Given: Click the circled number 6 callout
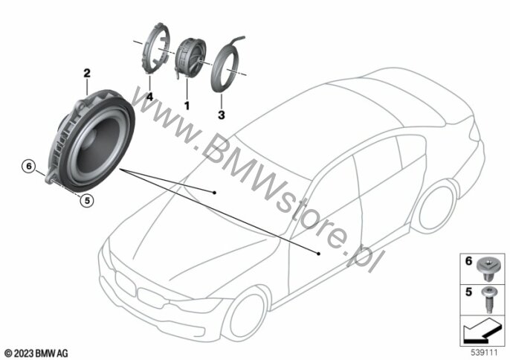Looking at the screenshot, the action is pos(29,167).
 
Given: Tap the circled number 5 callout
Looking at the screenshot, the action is pos(87,201).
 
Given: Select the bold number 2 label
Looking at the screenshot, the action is pos(87,73).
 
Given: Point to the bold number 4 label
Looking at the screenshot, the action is pos(149,97).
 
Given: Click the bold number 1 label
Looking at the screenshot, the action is pos(187,106).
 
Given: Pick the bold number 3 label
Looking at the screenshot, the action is pos(222,115).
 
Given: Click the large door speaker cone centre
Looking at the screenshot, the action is pos(97,146).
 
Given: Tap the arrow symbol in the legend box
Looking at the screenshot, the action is pos(482,331).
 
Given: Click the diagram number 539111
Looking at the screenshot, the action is pos(485,353).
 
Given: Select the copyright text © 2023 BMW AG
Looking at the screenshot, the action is pos(36,353).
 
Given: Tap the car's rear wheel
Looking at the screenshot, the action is pos(436,209).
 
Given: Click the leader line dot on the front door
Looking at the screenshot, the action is pos(319,253).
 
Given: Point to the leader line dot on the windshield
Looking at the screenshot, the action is pos(214,193).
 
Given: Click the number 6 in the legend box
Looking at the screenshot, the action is pos(468,261).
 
